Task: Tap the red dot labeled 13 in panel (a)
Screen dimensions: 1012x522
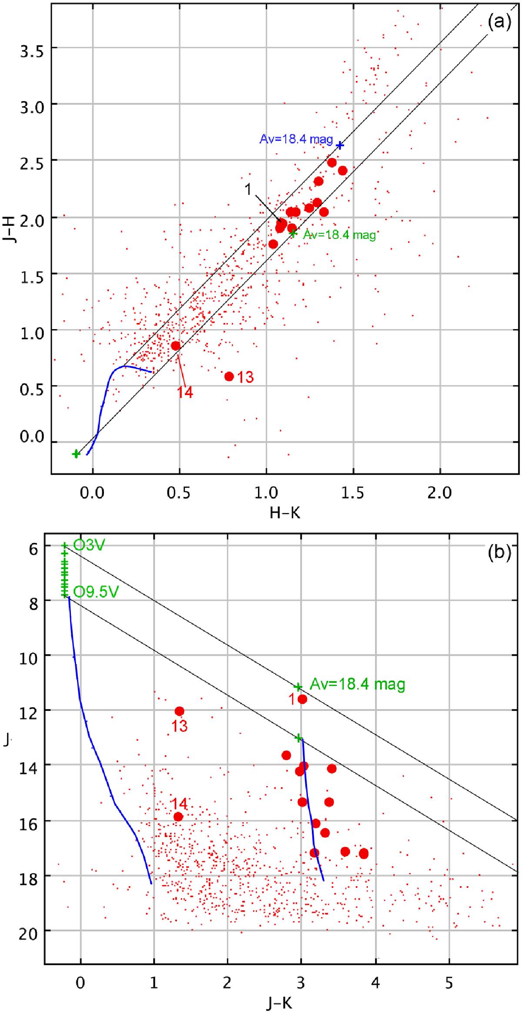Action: [x=229, y=376]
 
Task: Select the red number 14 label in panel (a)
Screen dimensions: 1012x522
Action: [x=185, y=393]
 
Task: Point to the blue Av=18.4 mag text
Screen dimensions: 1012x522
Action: [x=296, y=139]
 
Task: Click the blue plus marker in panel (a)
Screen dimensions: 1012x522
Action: [x=340, y=145]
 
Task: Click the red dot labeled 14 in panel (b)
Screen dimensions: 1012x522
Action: [x=178, y=817]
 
